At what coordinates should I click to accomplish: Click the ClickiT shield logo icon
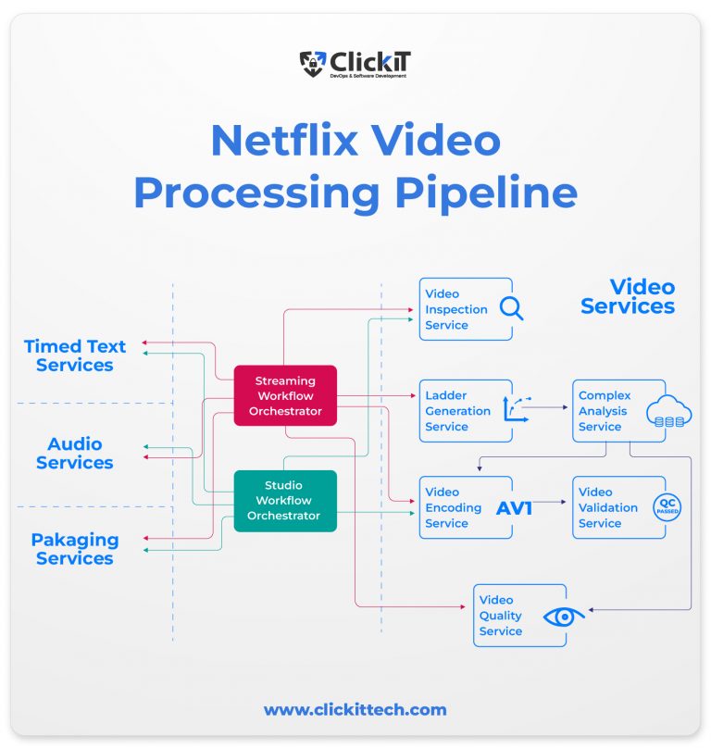[313, 63]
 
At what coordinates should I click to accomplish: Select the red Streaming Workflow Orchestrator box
[285, 395]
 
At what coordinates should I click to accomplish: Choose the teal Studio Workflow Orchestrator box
[284, 501]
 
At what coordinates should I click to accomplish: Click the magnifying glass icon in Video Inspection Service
[511, 308]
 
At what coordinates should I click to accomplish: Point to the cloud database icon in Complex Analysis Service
[668, 411]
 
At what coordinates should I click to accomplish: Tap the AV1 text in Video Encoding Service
[515, 507]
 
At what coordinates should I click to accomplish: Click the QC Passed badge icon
[667, 507]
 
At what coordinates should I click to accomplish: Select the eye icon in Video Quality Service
[564, 616]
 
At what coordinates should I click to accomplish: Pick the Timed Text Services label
[75, 355]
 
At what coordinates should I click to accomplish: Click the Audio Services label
[75, 454]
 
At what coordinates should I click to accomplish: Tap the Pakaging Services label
[75, 549]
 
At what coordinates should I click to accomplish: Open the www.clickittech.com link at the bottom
[355, 710]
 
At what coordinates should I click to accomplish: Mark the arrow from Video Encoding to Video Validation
[549, 503]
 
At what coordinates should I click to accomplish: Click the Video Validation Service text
[608, 507]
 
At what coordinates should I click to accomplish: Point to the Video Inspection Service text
[456, 309]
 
